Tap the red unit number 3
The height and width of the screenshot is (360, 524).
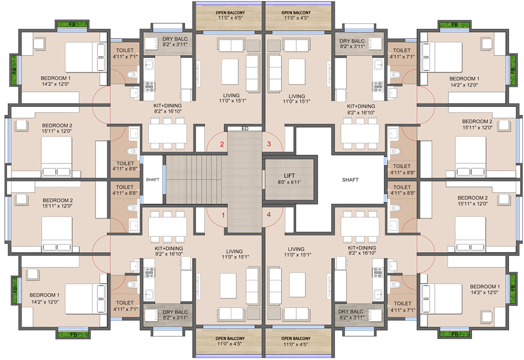click(x=268, y=144)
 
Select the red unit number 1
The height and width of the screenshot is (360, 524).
click(x=223, y=215)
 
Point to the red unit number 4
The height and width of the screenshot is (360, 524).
click(x=268, y=215)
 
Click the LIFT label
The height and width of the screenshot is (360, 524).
click(x=290, y=175)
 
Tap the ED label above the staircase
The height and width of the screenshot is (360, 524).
click(x=245, y=128)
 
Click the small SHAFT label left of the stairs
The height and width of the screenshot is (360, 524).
click(x=152, y=179)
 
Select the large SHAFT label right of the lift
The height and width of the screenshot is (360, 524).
click(x=350, y=180)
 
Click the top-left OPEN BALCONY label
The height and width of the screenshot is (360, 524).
click(x=230, y=12)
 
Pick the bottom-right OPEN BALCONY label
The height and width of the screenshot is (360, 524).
click(x=296, y=338)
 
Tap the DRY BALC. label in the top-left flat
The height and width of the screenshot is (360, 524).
click(x=175, y=39)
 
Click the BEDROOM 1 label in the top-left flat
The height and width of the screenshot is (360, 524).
click(x=56, y=78)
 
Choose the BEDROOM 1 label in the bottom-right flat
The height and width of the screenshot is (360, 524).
click(x=485, y=287)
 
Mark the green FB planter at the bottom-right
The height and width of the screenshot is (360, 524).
click(x=454, y=334)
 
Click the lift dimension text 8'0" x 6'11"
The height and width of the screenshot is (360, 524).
click(x=290, y=182)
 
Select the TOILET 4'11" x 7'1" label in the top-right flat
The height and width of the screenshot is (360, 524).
click(x=402, y=54)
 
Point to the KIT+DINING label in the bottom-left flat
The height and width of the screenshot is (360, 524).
click(x=169, y=248)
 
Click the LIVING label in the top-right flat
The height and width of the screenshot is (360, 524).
click(x=297, y=96)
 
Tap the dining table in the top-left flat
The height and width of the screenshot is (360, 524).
click(x=167, y=134)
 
